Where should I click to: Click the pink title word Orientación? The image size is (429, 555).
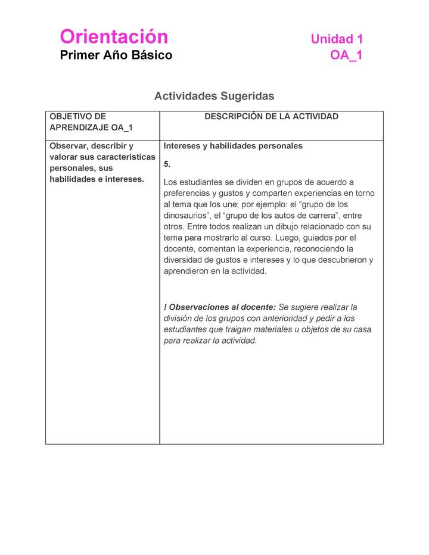[114, 37]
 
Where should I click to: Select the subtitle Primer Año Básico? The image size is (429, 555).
[116, 55]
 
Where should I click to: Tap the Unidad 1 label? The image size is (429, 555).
[337, 39]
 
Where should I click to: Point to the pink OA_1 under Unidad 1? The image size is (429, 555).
[346, 55]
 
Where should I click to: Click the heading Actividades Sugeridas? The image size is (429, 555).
[214, 96]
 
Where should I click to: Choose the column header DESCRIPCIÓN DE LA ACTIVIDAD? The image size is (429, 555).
[271, 117]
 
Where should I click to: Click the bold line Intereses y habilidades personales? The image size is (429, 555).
[233, 146]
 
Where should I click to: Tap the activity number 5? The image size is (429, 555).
[167, 164]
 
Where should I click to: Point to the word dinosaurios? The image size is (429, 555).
[188, 216]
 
